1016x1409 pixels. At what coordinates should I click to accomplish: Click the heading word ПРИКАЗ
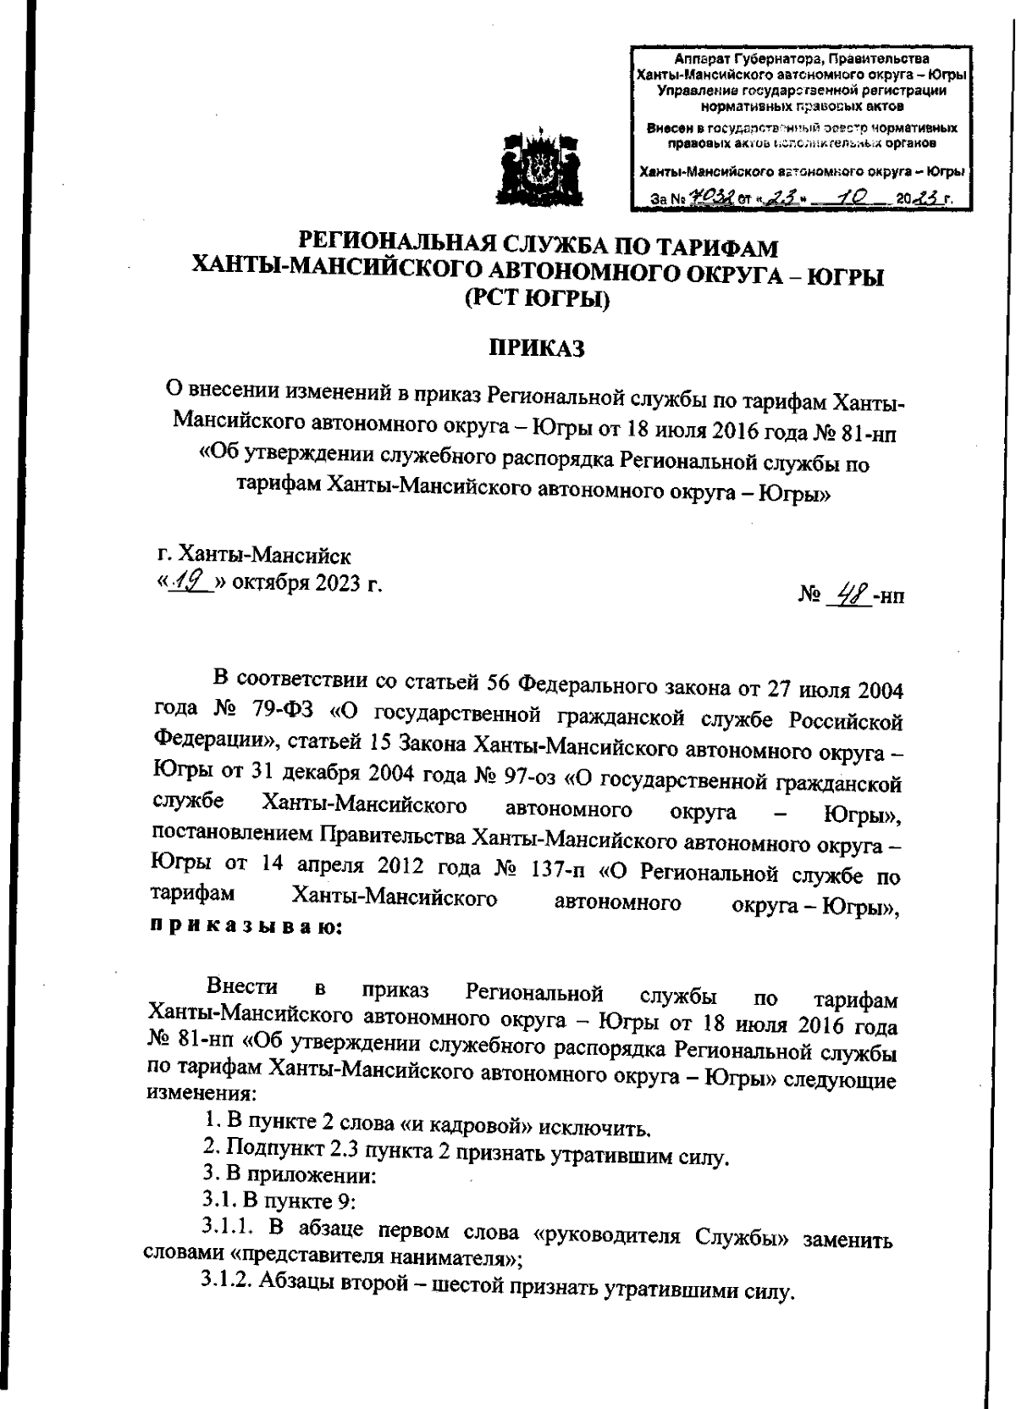pos(538,348)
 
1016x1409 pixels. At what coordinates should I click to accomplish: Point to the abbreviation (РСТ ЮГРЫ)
pos(538,301)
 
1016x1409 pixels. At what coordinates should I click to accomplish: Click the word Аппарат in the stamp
pos(703,58)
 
